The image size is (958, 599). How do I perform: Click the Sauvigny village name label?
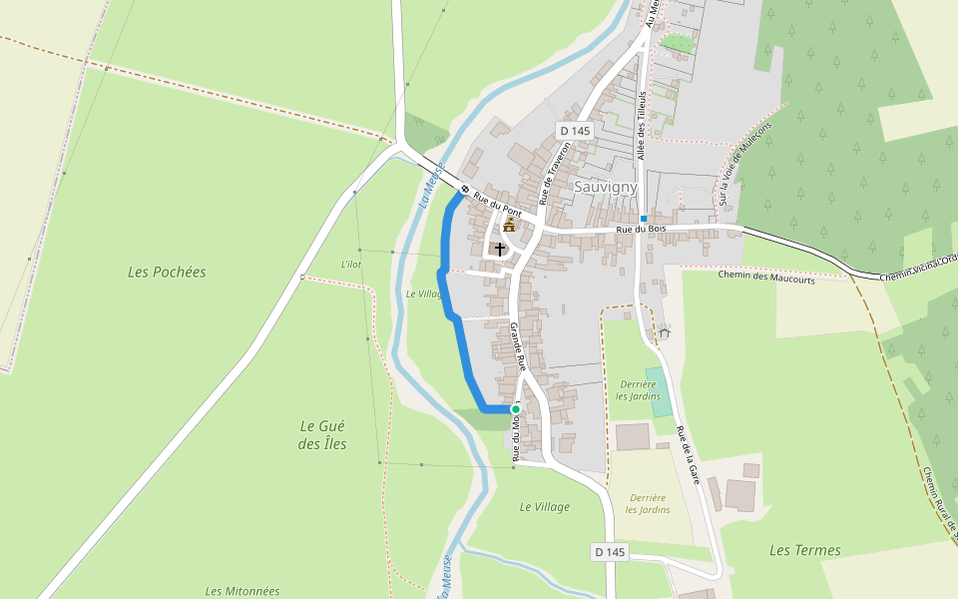(x=605, y=187)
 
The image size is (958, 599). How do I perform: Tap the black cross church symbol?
(x=500, y=248)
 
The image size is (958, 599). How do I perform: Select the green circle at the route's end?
(x=516, y=409)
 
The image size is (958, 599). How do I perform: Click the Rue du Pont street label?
(x=497, y=205)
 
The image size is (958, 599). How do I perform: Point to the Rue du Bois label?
(x=641, y=230)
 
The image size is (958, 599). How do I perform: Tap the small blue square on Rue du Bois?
(x=644, y=219)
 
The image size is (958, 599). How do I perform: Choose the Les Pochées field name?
(x=167, y=272)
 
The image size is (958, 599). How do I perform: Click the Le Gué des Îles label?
(x=322, y=434)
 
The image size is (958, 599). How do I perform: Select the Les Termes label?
(x=804, y=550)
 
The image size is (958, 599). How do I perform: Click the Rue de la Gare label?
(x=688, y=455)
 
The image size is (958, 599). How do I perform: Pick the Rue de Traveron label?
(x=555, y=172)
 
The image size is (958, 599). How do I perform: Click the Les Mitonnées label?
(x=242, y=591)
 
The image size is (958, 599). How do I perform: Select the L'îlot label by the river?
(x=349, y=264)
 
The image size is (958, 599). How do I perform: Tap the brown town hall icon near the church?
(x=509, y=226)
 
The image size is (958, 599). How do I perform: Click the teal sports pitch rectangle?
(x=658, y=392)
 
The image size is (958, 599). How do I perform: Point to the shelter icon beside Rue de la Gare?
(x=664, y=332)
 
